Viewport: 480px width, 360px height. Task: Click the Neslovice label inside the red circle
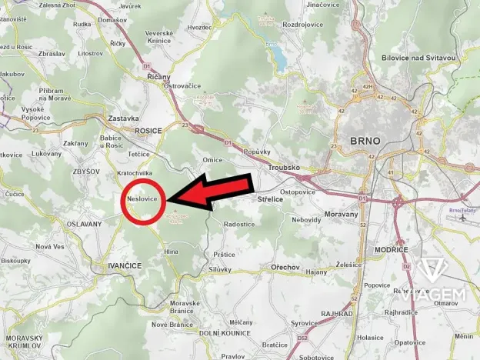pyautogui.click(x=142, y=199)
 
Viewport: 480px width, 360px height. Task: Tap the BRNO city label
pyautogui.click(x=365, y=142)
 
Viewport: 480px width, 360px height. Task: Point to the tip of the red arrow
pyautogui.click(x=168, y=200)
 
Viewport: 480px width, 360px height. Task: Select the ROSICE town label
pyautogui.click(x=148, y=131)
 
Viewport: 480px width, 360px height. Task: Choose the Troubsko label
pyautogui.click(x=282, y=167)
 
